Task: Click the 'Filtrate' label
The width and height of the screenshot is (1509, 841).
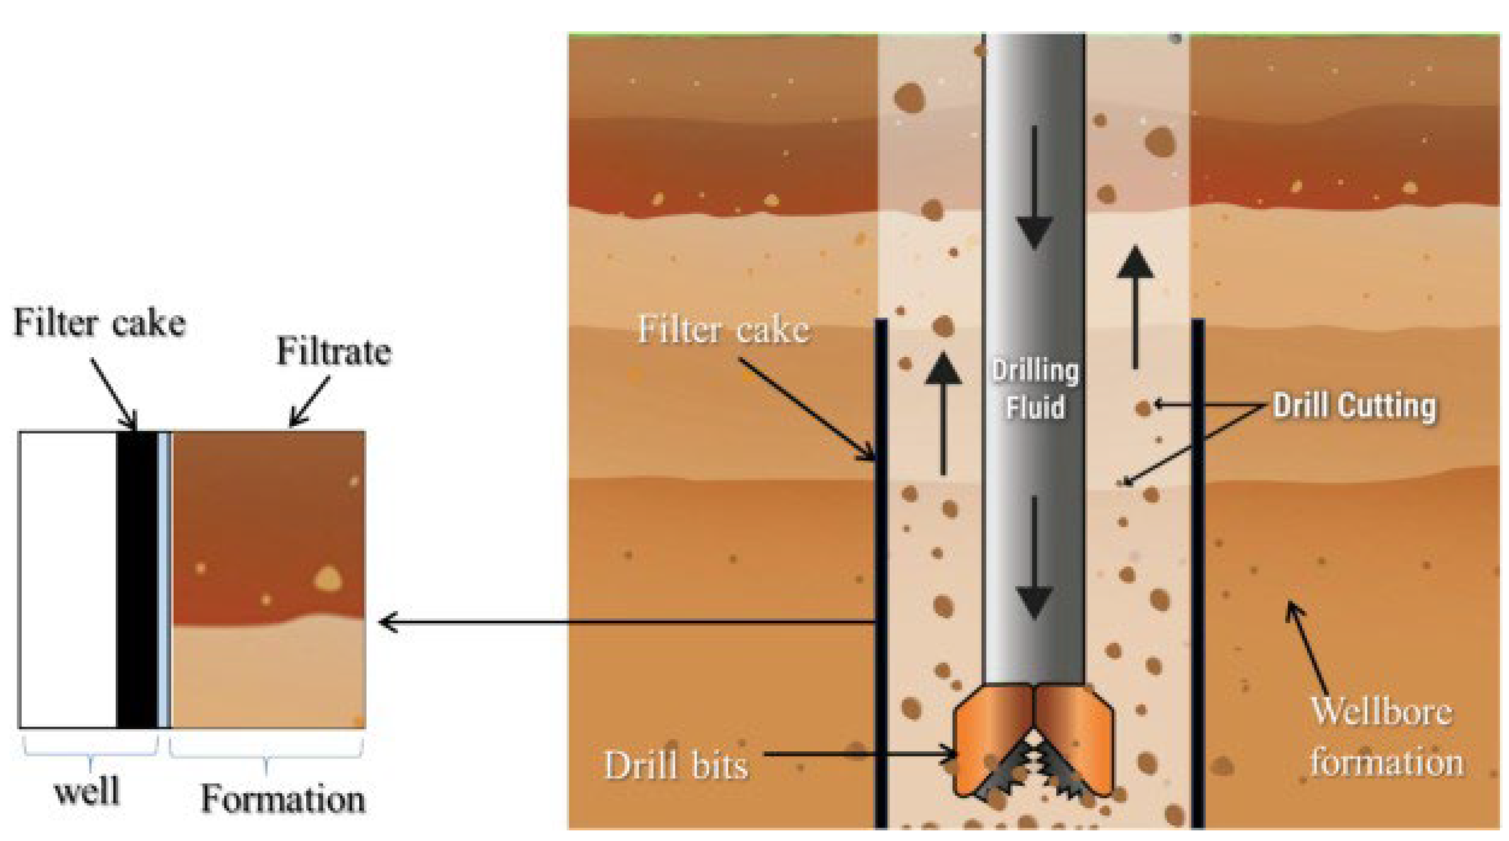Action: [333, 352]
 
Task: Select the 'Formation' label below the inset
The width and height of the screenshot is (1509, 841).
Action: [282, 798]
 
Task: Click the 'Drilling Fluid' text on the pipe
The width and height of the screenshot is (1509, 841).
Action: [1035, 389]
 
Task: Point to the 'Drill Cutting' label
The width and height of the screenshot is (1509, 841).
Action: [1354, 406]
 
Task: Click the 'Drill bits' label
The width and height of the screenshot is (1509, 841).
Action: [676, 765]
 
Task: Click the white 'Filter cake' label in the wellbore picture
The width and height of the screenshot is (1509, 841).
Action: [723, 329]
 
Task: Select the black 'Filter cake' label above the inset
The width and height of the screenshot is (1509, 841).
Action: [99, 322]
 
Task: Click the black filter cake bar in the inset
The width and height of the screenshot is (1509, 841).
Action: [137, 580]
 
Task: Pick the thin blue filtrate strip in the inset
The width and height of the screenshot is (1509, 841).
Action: [165, 580]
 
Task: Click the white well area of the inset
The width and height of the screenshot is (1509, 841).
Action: [68, 580]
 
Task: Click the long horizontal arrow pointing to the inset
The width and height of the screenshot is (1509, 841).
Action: [627, 622]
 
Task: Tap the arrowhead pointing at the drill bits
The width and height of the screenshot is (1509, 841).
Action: [949, 754]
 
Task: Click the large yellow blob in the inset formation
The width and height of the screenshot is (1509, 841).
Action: [327, 578]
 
